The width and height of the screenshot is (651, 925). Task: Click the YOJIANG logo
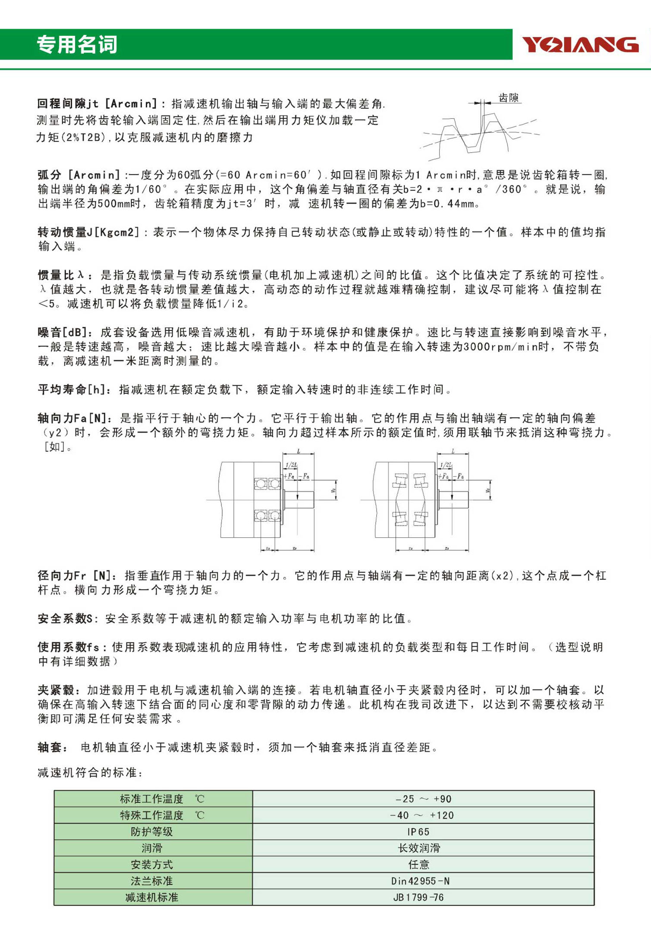pyautogui.click(x=580, y=44)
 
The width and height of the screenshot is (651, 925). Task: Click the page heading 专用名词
pyautogui.click(x=77, y=44)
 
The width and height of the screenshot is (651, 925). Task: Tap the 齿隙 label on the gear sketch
pyautogui.click(x=509, y=98)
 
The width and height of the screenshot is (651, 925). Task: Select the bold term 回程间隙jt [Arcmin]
pyautogui.click(x=97, y=103)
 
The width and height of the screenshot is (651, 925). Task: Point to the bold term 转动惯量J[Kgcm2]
pyautogui.click(x=88, y=232)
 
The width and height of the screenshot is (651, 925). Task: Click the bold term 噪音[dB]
pyautogui.click(x=65, y=332)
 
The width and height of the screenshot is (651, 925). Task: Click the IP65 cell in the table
pyautogui.click(x=418, y=831)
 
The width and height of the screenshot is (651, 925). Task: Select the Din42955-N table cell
pyautogui.click(x=420, y=881)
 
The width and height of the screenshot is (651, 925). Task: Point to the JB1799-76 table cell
pyautogui.click(x=418, y=897)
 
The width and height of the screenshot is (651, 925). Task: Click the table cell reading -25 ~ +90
pyautogui.click(x=423, y=799)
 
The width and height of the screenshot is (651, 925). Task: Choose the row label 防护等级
pyautogui.click(x=152, y=831)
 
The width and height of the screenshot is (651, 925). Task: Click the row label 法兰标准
pyautogui.click(x=152, y=881)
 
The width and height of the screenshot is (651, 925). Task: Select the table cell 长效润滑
pyautogui.click(x=419, y=848)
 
